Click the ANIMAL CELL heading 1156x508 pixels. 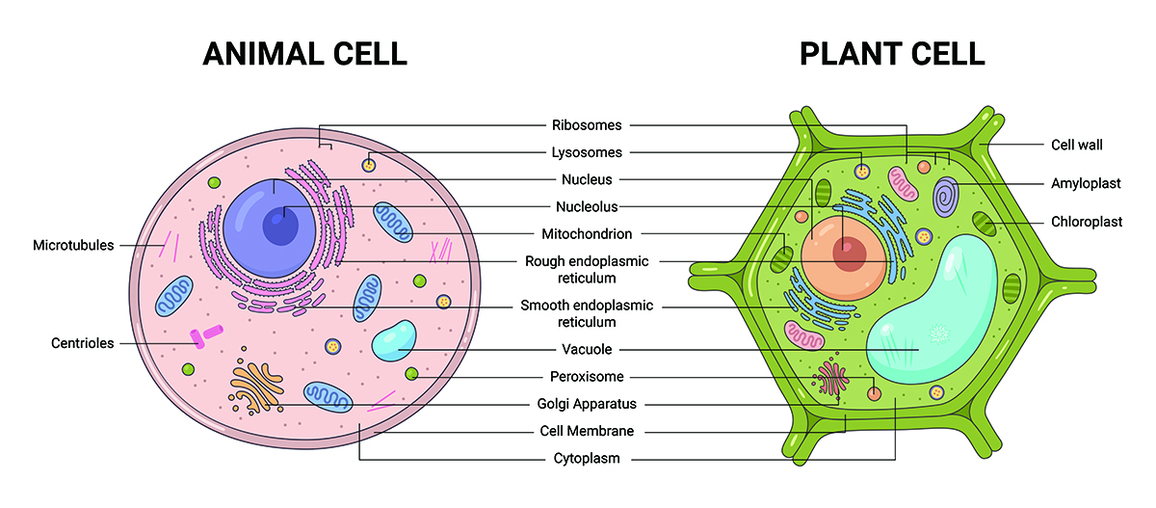pos(304,53)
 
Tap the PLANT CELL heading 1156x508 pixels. pos(892,53)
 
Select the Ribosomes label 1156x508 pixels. pos(587,125)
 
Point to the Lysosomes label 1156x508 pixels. pos(587,152)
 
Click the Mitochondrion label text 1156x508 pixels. pos(587,233)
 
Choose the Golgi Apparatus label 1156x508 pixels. pos(587,404)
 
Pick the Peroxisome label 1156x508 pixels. pos(587,377)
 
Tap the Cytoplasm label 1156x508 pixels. pos(586,459)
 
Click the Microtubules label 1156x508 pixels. pos(73,245)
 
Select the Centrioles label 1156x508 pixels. pos(83,343)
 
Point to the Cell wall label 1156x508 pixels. pos(1076,146)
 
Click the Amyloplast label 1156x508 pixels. pos(1079,182)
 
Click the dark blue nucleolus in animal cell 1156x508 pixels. pos(280,227)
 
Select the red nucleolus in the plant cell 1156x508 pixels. pos(850,254)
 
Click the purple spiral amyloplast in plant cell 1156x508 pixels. pos(946,196)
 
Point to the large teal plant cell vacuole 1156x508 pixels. pos(930,308)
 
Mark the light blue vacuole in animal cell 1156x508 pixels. pos(394,342)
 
